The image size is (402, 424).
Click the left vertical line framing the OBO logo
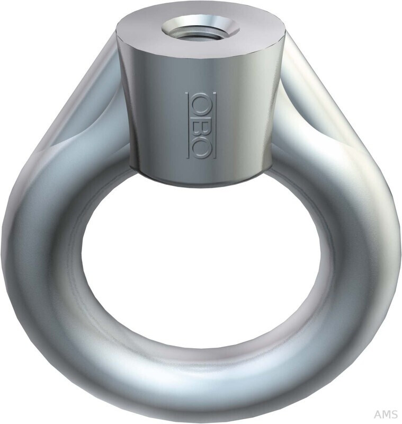pyautogui.click(x=187, y=125)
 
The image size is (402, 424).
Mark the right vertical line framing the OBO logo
pyautogui.click(x=215, y=125)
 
